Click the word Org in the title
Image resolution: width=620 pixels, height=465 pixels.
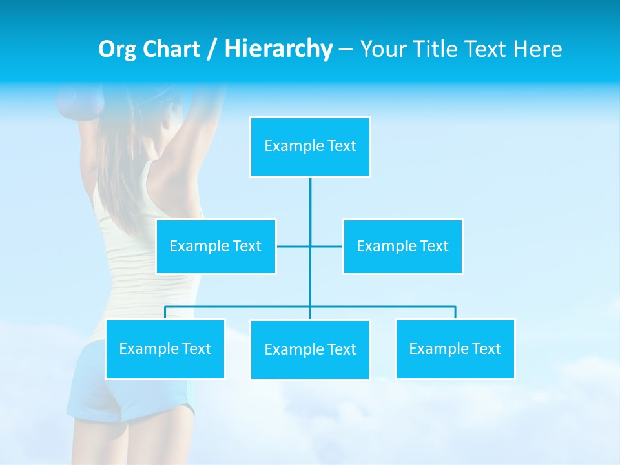click(117, 49)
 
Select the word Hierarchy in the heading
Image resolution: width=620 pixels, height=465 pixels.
click(278, 49)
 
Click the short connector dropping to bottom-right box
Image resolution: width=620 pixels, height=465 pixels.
click(455, 313)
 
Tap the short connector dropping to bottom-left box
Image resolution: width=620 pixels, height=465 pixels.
click(165, 313)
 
